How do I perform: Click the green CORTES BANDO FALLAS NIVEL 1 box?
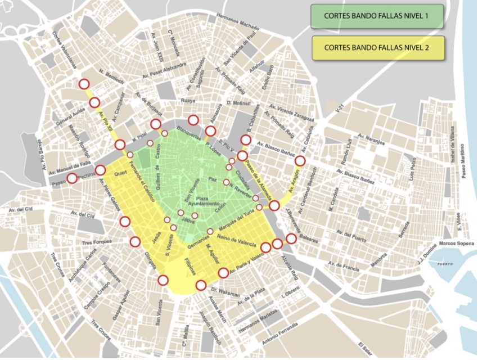pyautogui.click(x=376, y=16)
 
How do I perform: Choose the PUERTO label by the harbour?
pyautogui.click(x=444, y=263)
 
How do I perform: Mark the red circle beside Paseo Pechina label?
pyautogui.click(x=73, y=178)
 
